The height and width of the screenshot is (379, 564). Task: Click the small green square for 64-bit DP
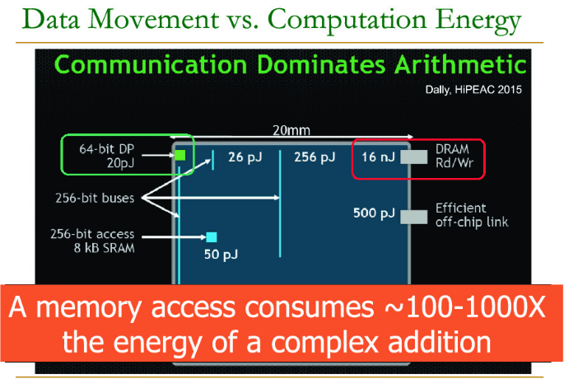(x=179, y=155)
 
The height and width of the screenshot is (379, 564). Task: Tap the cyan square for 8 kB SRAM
(x=212, y=237)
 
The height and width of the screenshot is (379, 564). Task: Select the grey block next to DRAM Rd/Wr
(x=414, y=157)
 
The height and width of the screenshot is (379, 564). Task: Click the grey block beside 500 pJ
(x=414, y=217)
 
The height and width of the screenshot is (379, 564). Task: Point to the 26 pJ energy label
(x=245, y=157)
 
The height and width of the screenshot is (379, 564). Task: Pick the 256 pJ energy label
(x=315, y=157)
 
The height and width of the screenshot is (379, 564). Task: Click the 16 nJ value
(x=378, y=157)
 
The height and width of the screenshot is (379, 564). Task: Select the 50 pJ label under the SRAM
(x=221, y=255)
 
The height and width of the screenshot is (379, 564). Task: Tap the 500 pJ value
(x=374, y=213)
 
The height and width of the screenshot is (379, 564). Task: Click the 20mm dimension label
(x=291, y=130)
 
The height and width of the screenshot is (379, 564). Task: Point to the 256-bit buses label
(x=95, y=198)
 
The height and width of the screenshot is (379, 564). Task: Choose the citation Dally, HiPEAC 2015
(x=473, y=90)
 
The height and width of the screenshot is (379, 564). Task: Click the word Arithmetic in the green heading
(x=460, y=65)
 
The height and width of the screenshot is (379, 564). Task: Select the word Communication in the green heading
(x=151, y=65)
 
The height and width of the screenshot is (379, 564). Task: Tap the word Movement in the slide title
(x=153, y=20)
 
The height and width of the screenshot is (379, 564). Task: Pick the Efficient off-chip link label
(x=472, y=215)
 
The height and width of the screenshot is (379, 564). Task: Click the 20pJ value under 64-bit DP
(x=120, y=163)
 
